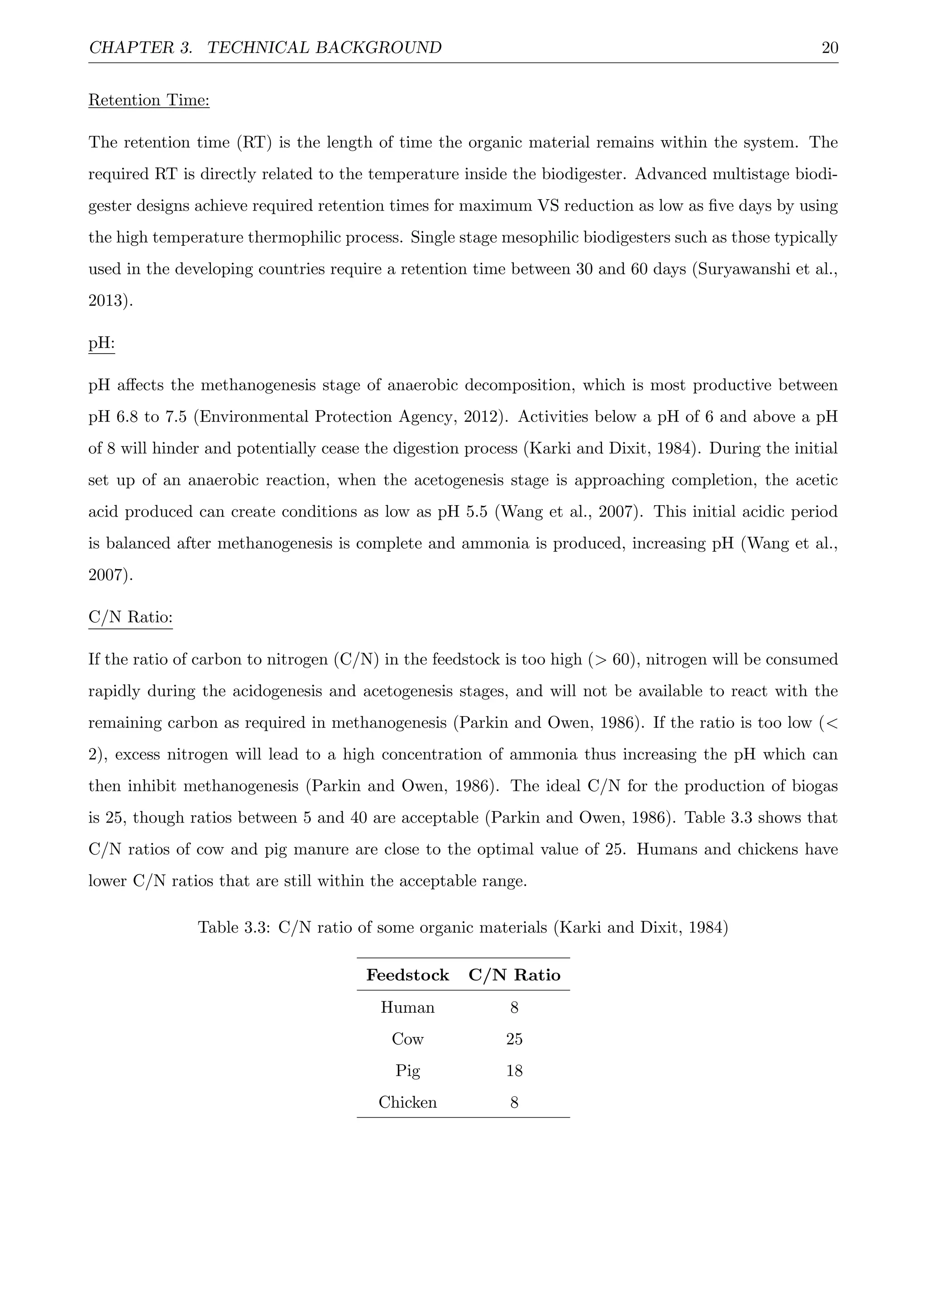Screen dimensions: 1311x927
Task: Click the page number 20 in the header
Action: [829, 48]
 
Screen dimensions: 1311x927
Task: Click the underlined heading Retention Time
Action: [149, 100]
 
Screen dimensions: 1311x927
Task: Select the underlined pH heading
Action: [101, 343]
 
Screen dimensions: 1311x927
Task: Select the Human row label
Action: [407, 1008]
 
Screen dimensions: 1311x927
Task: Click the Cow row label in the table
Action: [407, 1039]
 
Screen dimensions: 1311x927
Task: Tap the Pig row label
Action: [407, 1071]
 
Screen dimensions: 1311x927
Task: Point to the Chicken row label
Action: [407, 1103]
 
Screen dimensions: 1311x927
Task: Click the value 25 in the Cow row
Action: [514, 1039]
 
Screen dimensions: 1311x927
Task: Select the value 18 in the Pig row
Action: [514, 1071]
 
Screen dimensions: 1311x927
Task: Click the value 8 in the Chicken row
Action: [514, 1103]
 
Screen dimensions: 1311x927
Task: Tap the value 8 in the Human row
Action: [514, 1008]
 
